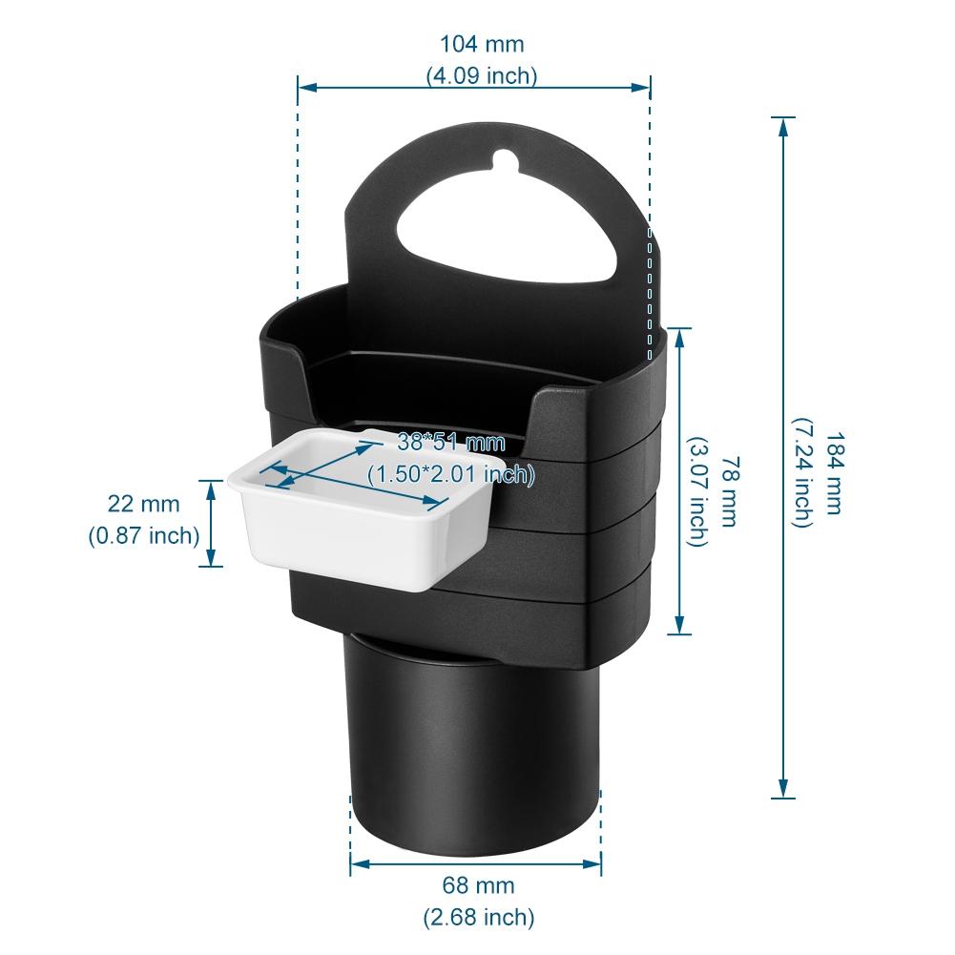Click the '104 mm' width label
(481, 44)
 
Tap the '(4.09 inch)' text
(481, 76)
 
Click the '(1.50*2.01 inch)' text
(450, 472)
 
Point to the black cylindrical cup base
(472, 744)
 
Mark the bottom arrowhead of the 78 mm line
(678, 628)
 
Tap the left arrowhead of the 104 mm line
(304, 87)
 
